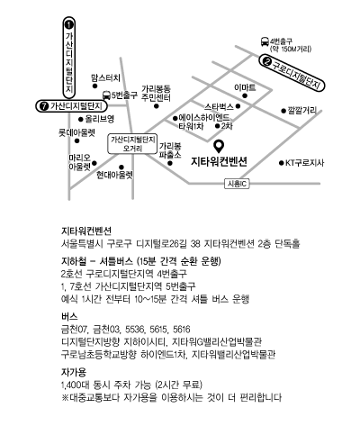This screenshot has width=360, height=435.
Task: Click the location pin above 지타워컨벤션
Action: click(x=220, y=146)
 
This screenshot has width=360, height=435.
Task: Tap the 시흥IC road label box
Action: click(x=237, y=184)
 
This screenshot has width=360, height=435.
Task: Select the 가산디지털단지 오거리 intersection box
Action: click(x=132, y=144)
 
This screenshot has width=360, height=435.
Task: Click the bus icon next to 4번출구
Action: click(x=265, y=41)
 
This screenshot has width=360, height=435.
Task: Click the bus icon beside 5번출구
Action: click(x=106, y=95)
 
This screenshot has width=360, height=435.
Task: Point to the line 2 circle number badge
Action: click(x=266, y=62)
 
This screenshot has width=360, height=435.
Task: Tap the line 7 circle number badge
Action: click(x=44, y=106)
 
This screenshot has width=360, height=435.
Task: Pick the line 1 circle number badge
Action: click(x=69, y=24)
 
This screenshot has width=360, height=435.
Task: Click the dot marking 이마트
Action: click(x=245, y=95)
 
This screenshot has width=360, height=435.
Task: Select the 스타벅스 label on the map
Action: click(x=219, y=106)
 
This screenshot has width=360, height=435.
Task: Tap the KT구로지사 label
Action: click(x=304, y=163)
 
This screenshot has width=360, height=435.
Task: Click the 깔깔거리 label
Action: click(x=302, y=111)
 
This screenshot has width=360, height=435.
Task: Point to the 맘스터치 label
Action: click(x=105, y=78)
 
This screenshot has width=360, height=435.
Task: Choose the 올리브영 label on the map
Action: click(x=100, y=119)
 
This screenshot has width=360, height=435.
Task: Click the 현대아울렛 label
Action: click(x=114, y=175)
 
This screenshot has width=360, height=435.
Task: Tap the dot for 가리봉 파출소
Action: click(x=170, y=163)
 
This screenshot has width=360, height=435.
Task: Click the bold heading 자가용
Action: click(x=74, y=372)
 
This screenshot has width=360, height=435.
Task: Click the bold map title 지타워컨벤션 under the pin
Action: click(x=220, y=162)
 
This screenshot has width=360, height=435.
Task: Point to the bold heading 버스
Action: click(x=69, y=316)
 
